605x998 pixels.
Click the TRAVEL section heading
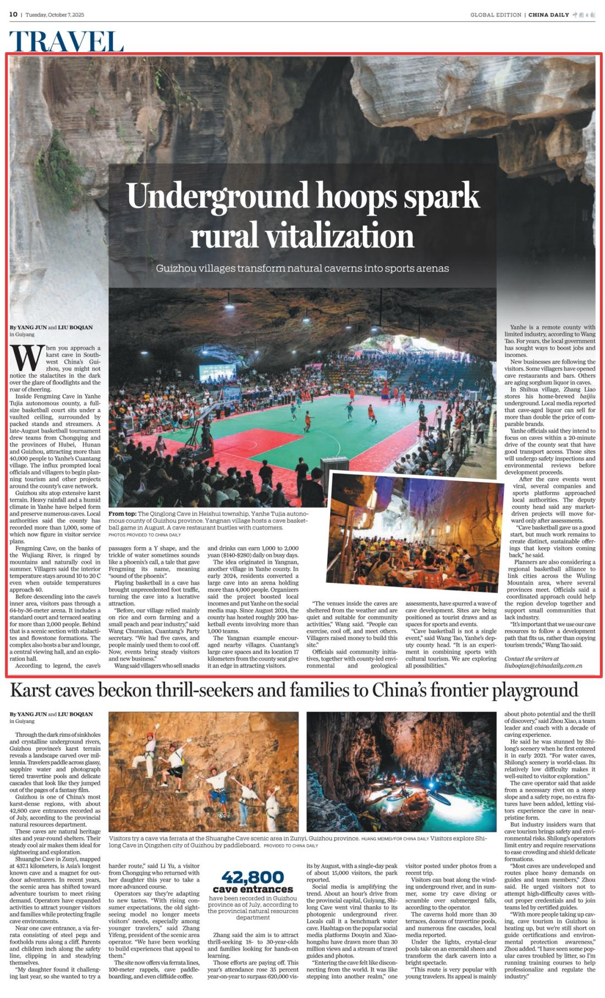click(66, 41)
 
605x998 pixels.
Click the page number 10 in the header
click(13, 14)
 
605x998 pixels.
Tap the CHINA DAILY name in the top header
click(548, 15)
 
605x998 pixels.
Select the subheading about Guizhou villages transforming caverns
click(302, 268)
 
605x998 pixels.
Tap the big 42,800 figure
click(252, 877)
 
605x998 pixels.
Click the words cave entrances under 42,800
click(252, 889)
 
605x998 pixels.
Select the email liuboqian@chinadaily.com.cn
click(543, 665)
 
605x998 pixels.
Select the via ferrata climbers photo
click(204, 771)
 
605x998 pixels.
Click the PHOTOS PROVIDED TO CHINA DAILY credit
click(144, 534)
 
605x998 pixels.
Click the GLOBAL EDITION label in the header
click(495, 15)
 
